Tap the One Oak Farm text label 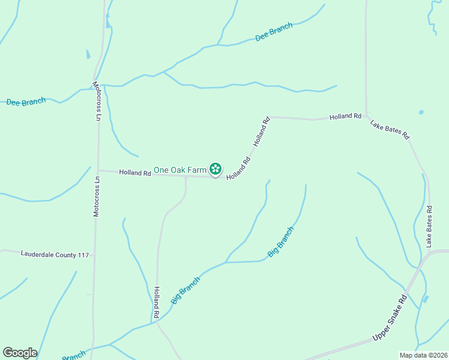pos(180,170)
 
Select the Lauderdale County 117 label pos(55,255)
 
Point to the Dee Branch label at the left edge pos(26,102)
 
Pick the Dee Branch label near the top pos(274,32)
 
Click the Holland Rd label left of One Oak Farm pos(134,173)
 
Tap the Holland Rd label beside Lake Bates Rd pos(345,116)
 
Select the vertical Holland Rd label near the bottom pos(156,302)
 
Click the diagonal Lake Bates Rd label pos(390,130)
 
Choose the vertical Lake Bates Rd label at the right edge pos(429,226)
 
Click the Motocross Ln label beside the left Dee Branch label pos(96,101)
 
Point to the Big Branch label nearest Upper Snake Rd pos(281,242)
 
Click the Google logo pos(20,353)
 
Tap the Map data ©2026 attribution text pos(423,355)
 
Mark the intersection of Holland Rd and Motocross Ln pos(98,171)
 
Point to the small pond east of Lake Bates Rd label pos(421,112)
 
